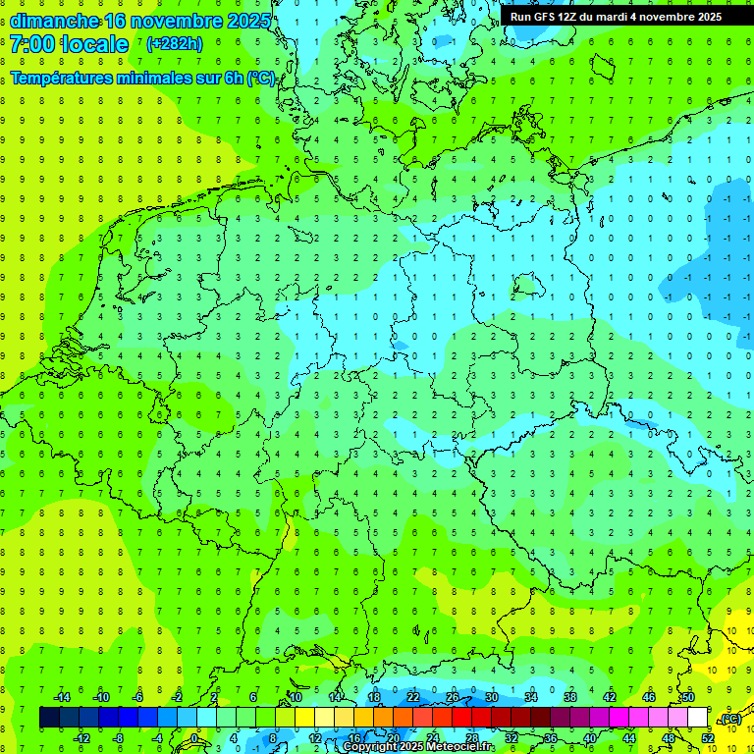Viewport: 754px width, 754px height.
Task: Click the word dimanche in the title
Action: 54,21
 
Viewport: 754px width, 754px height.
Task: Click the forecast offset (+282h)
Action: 174,44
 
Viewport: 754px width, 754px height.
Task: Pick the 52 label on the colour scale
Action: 708,738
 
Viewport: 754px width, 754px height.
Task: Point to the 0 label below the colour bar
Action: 194,738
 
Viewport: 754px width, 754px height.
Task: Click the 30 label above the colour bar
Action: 491,697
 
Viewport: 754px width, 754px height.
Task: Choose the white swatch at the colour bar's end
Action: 697,718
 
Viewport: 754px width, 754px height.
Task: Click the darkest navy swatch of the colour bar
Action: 49,718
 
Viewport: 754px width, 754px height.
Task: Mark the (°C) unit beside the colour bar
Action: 729,719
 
